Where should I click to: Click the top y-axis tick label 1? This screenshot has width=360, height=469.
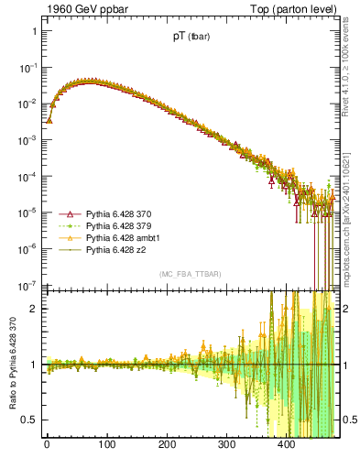coord(34,31)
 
